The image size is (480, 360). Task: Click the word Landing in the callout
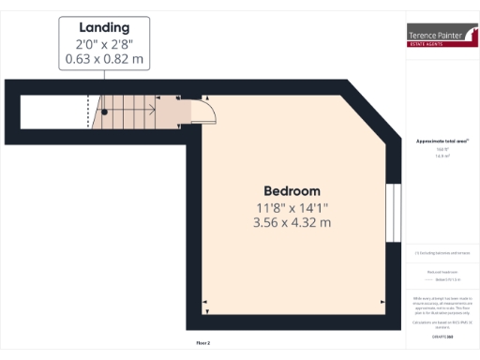click(103, 27)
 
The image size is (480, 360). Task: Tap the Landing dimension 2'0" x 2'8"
click(103, 44)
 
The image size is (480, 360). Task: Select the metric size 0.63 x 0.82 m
click(103, 59)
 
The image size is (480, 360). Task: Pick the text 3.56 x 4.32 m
click(292, 223)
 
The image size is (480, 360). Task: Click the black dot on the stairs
click(105, 111)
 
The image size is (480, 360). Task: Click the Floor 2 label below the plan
click(202, 343)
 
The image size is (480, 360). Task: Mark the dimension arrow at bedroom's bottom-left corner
click(206, 301)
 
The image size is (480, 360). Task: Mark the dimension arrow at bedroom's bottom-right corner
click(382, 301)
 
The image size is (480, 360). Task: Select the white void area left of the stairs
click(54, 111)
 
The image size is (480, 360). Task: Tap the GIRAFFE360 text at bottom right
click(442, 335)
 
